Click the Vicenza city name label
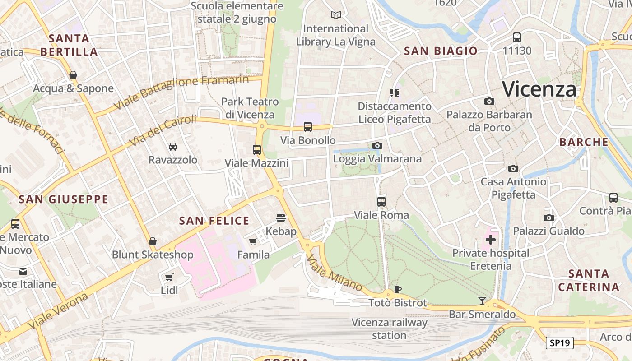(x=539, y=89)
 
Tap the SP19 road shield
(x=560, y=343)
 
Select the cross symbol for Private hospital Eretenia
(x=491, y=240)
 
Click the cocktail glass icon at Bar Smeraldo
(x=482, y=301)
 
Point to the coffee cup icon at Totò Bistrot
(x=397, y=289)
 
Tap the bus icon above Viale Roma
(x=381, y=202)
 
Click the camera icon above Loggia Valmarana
(x=377, y=145)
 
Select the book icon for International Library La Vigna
(x=335, y=15)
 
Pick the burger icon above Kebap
(x=281, y=218)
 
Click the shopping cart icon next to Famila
(x=253, y=241)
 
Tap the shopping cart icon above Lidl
(x=169, y=277)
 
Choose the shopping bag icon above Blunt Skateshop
(x=153, y=241)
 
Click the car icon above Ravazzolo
(x=173, y=147)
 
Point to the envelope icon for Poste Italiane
(x=23, y=271)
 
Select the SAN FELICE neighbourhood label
(x=214, y=221)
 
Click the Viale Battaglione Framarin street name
(x=181, y=93)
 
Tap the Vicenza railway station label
(x=389, y=329)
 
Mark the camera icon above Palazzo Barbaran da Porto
(x=489, y=102)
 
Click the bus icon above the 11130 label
(x=517, y=37)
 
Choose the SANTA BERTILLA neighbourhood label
(x=69, y=45)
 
